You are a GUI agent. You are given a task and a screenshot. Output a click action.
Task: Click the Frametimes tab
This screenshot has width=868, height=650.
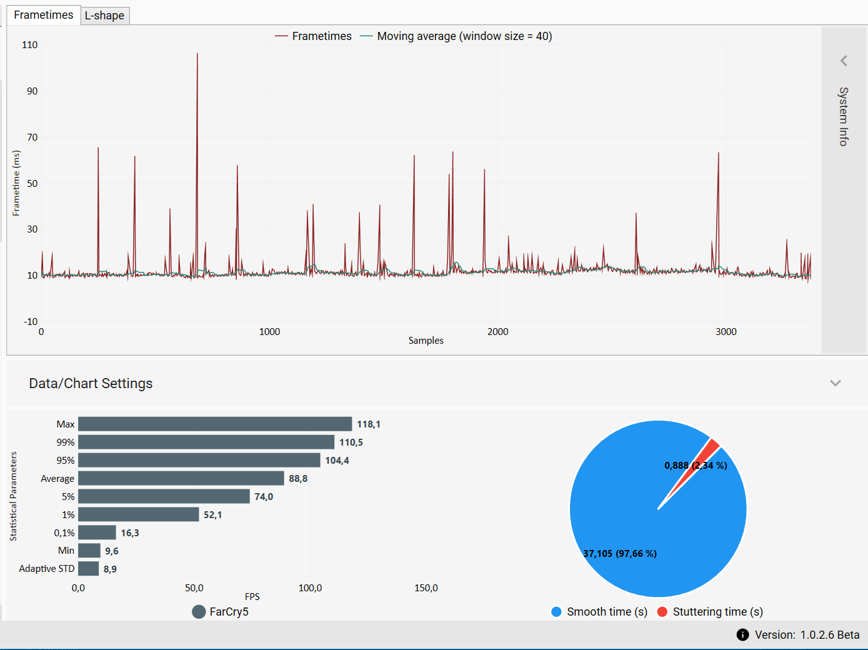coord(44,15)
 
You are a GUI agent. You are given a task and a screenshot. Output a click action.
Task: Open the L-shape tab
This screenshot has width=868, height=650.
coord(104,16)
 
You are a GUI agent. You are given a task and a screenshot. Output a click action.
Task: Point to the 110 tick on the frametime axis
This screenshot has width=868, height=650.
coord(29,45)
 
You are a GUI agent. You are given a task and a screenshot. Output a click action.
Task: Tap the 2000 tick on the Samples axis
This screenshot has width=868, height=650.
coord(497,332)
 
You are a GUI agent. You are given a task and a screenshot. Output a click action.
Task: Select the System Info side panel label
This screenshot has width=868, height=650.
coord(844,117)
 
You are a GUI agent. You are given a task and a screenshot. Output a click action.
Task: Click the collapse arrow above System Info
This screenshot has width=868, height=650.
coord(844,61)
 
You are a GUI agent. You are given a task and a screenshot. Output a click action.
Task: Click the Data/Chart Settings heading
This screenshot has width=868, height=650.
coord(91,383)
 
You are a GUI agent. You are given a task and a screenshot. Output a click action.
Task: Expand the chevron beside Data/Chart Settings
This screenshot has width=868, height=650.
coord(835,383)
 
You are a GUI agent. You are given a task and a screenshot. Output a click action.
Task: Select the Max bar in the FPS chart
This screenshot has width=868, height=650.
coord(215,424)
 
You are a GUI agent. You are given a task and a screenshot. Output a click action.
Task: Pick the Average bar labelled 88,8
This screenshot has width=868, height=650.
coord(181,478)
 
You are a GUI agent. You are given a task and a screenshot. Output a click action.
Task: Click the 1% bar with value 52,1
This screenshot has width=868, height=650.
coord(138,514)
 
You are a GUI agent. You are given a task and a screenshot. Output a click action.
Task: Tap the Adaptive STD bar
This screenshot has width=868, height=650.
coord(88,569)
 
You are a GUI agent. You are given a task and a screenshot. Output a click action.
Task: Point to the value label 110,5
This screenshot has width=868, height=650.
coord(351,442)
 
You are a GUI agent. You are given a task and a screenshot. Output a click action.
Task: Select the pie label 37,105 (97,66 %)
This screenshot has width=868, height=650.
coord(620,554)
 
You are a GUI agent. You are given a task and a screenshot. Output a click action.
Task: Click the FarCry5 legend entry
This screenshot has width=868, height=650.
coord(221,612)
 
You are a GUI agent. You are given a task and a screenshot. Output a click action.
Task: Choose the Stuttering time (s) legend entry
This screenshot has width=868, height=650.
coord(711,612)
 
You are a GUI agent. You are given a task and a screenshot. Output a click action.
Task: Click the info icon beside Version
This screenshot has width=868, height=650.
coord(742,635)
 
